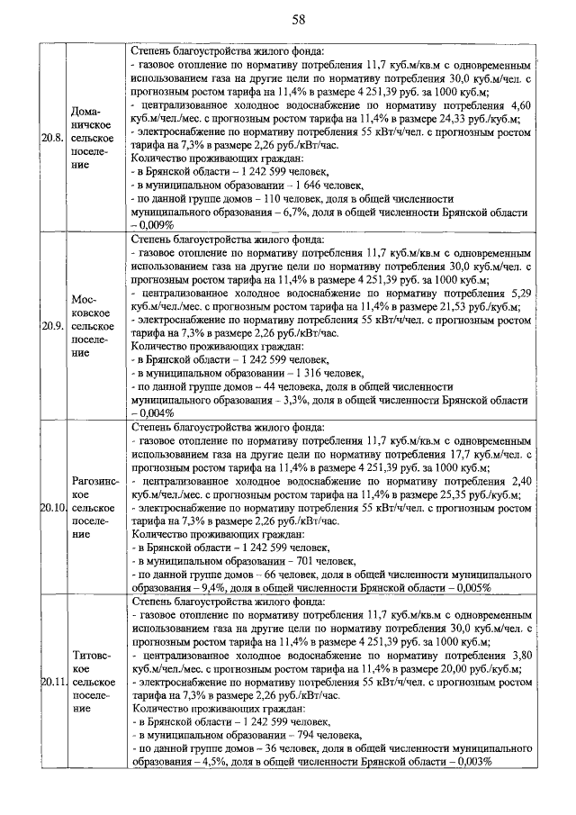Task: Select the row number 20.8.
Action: pos(52,138)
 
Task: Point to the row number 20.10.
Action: pos(52,508)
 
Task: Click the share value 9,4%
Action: pos(213,586)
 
